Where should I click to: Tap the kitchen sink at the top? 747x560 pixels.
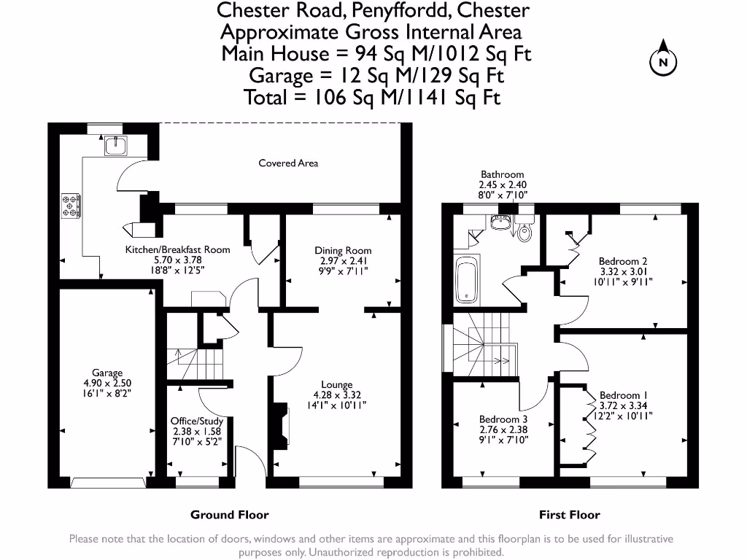click(116, 146)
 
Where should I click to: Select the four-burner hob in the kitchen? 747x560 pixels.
click(71, 206)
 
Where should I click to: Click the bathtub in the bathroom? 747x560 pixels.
click(467, 279)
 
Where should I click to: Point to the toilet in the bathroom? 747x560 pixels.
click(524, 229)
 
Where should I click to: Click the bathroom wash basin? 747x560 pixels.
click(500, 222)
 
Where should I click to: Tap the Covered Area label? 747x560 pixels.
click(288, 163)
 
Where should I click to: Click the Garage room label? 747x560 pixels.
click(107, 373)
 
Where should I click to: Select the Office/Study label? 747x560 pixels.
click(197, 421)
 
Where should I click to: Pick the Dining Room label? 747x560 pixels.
click(343, 251)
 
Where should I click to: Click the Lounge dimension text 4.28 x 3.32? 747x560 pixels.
click(337, 394)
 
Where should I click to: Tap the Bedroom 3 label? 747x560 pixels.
click(503, 419)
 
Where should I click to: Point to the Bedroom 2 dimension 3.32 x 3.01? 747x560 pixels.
click(623, 271)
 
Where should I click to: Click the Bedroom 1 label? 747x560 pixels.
click(623, 395)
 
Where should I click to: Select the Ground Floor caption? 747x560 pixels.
click(230, 515)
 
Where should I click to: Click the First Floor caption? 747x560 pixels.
click(569, 515)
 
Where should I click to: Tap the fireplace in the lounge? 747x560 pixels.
click(281, 427)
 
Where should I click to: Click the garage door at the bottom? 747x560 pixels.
click(108, 483)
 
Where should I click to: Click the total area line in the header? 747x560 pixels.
click(372, 98)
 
